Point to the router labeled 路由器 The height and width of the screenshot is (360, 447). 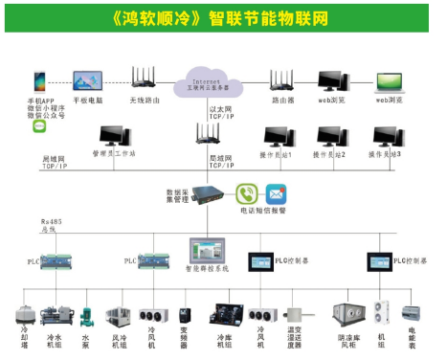282,80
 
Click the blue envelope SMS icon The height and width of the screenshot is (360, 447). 276,191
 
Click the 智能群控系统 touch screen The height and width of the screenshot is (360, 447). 206,251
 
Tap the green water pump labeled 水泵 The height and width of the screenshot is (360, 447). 85,315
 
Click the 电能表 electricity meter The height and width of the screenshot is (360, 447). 413,314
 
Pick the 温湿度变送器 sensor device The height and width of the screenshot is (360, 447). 297,315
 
